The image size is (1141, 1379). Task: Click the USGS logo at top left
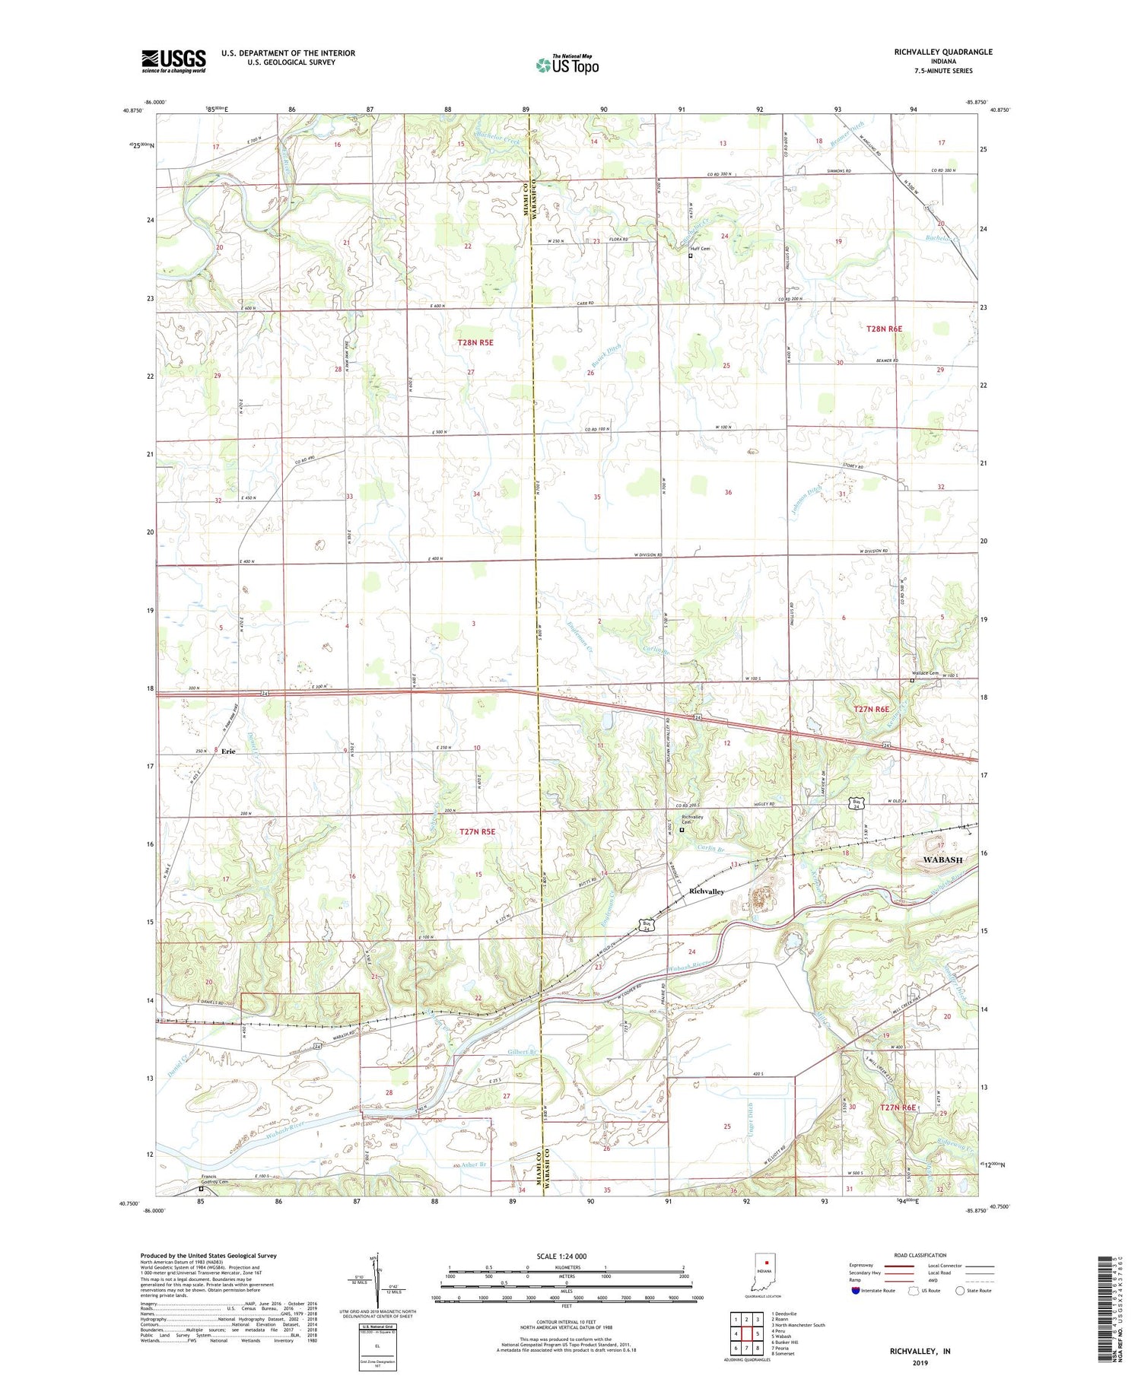[x=173, y=61]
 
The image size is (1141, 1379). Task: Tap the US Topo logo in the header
[x=567, y=65]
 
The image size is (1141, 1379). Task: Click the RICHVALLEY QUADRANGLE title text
[x=943, y=52]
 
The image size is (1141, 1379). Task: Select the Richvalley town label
[x=706, y=891]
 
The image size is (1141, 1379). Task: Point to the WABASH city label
[x=942, y=859]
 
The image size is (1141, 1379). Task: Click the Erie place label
[x=228, y=751]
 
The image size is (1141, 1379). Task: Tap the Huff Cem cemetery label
[x=700, y=249]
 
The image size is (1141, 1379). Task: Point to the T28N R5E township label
[x=475, y=343]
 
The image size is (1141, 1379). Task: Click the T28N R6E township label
[x=884, y=329]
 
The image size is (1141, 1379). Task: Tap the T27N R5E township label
[x=477, y=832]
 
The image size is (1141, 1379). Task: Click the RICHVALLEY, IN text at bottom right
[x=920, y=1351]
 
